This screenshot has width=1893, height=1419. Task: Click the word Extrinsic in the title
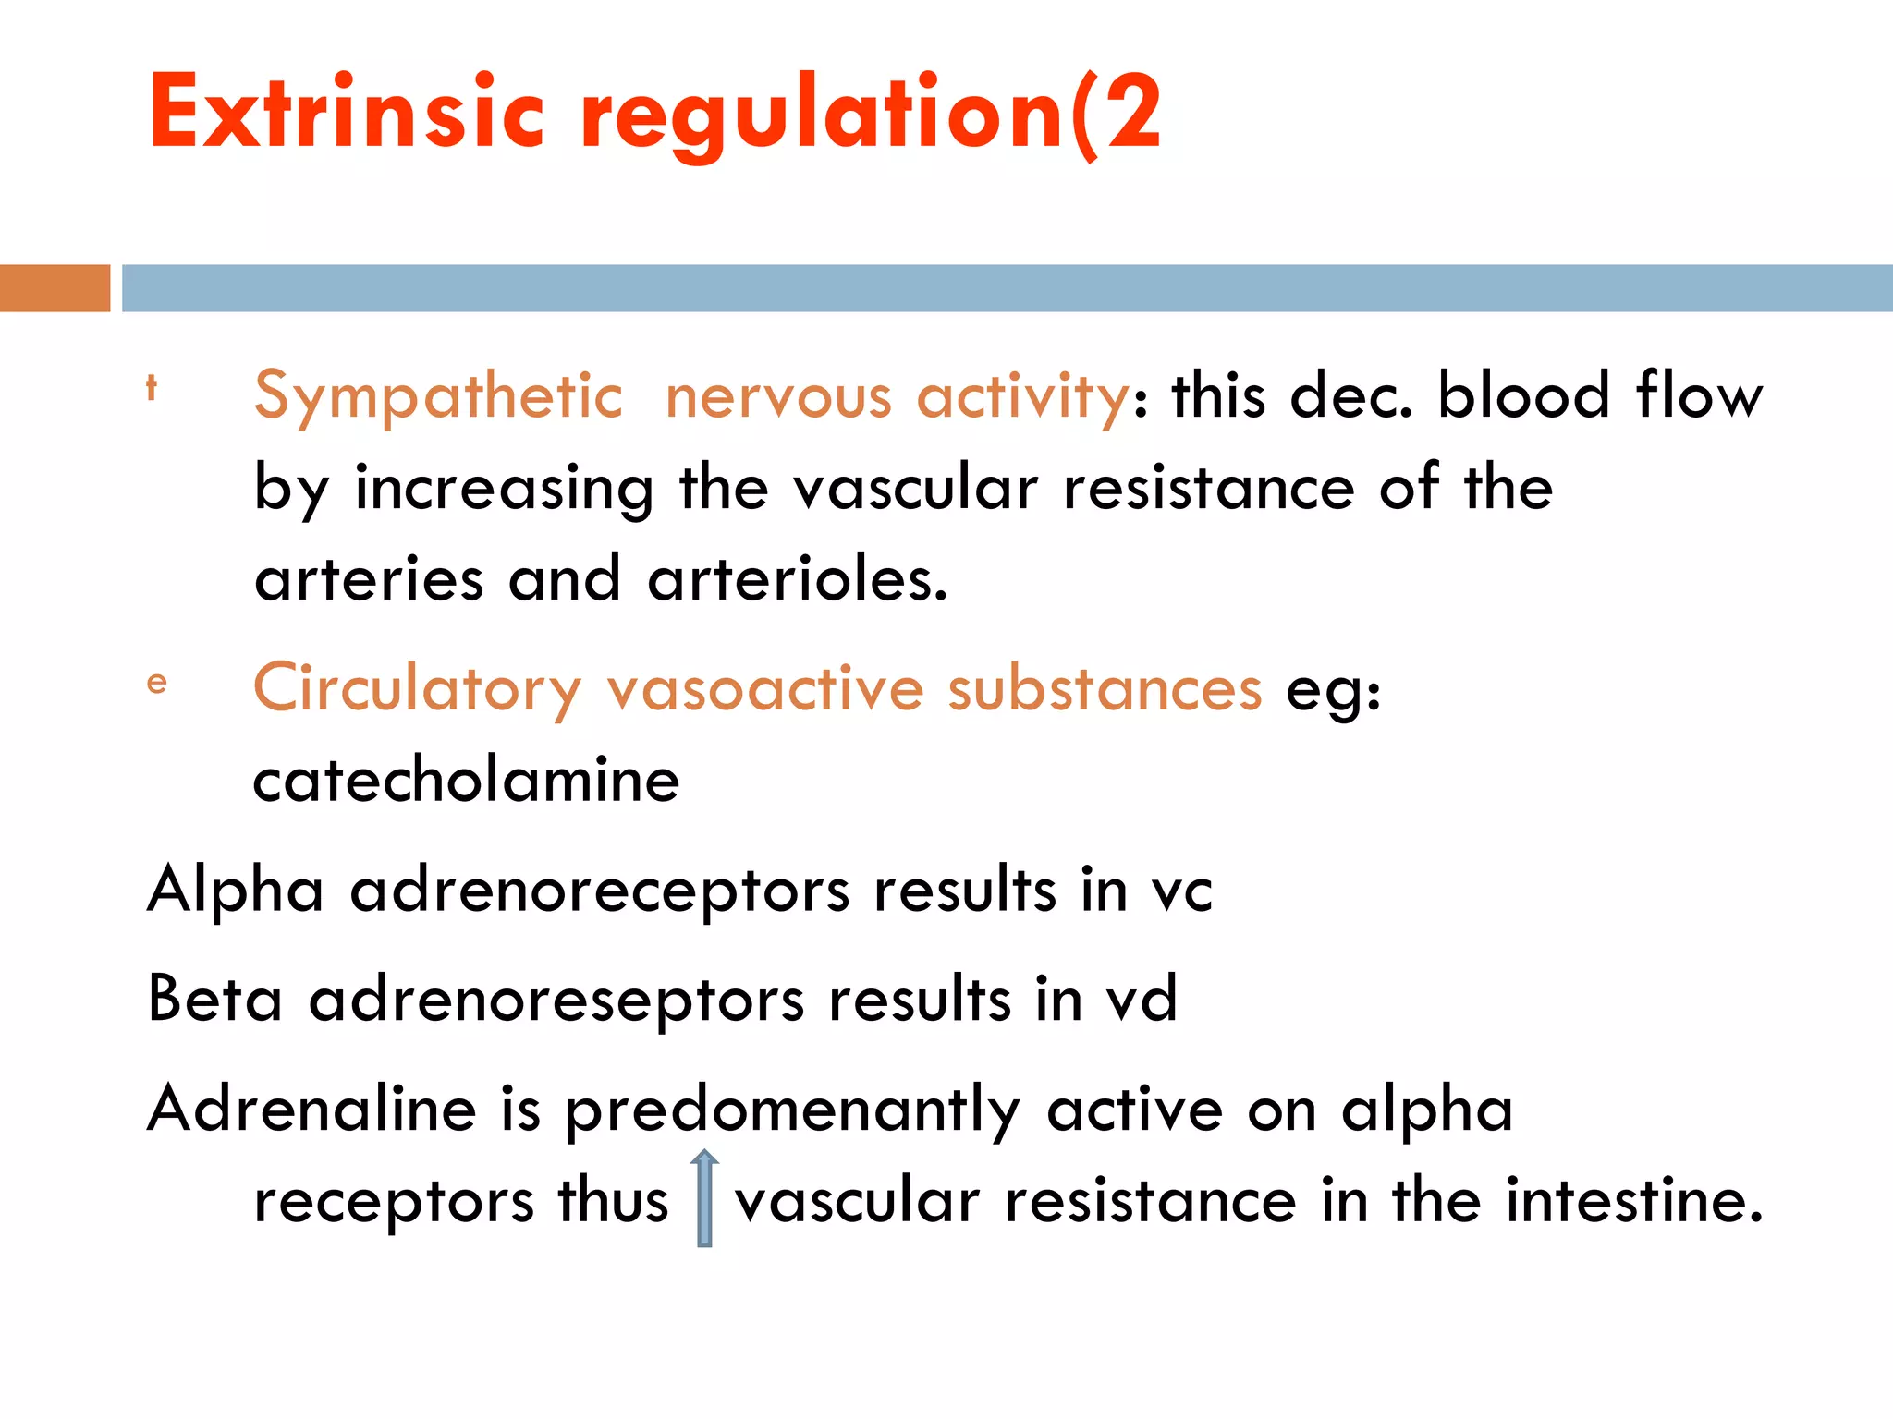[347, 113]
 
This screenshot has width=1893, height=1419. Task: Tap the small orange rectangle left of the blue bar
[55, 288]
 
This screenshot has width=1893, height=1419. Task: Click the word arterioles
[797, 580]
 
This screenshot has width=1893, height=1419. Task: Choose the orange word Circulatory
[417, 689]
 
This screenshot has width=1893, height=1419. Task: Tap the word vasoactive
[765, 689]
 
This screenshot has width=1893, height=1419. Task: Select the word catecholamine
[467, 781]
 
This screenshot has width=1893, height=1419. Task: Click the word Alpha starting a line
[236, 891]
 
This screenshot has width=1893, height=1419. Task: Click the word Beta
[214, 1000]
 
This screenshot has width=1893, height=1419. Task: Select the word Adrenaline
[311, 1109]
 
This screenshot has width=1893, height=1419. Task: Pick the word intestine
[1634, 1201]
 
